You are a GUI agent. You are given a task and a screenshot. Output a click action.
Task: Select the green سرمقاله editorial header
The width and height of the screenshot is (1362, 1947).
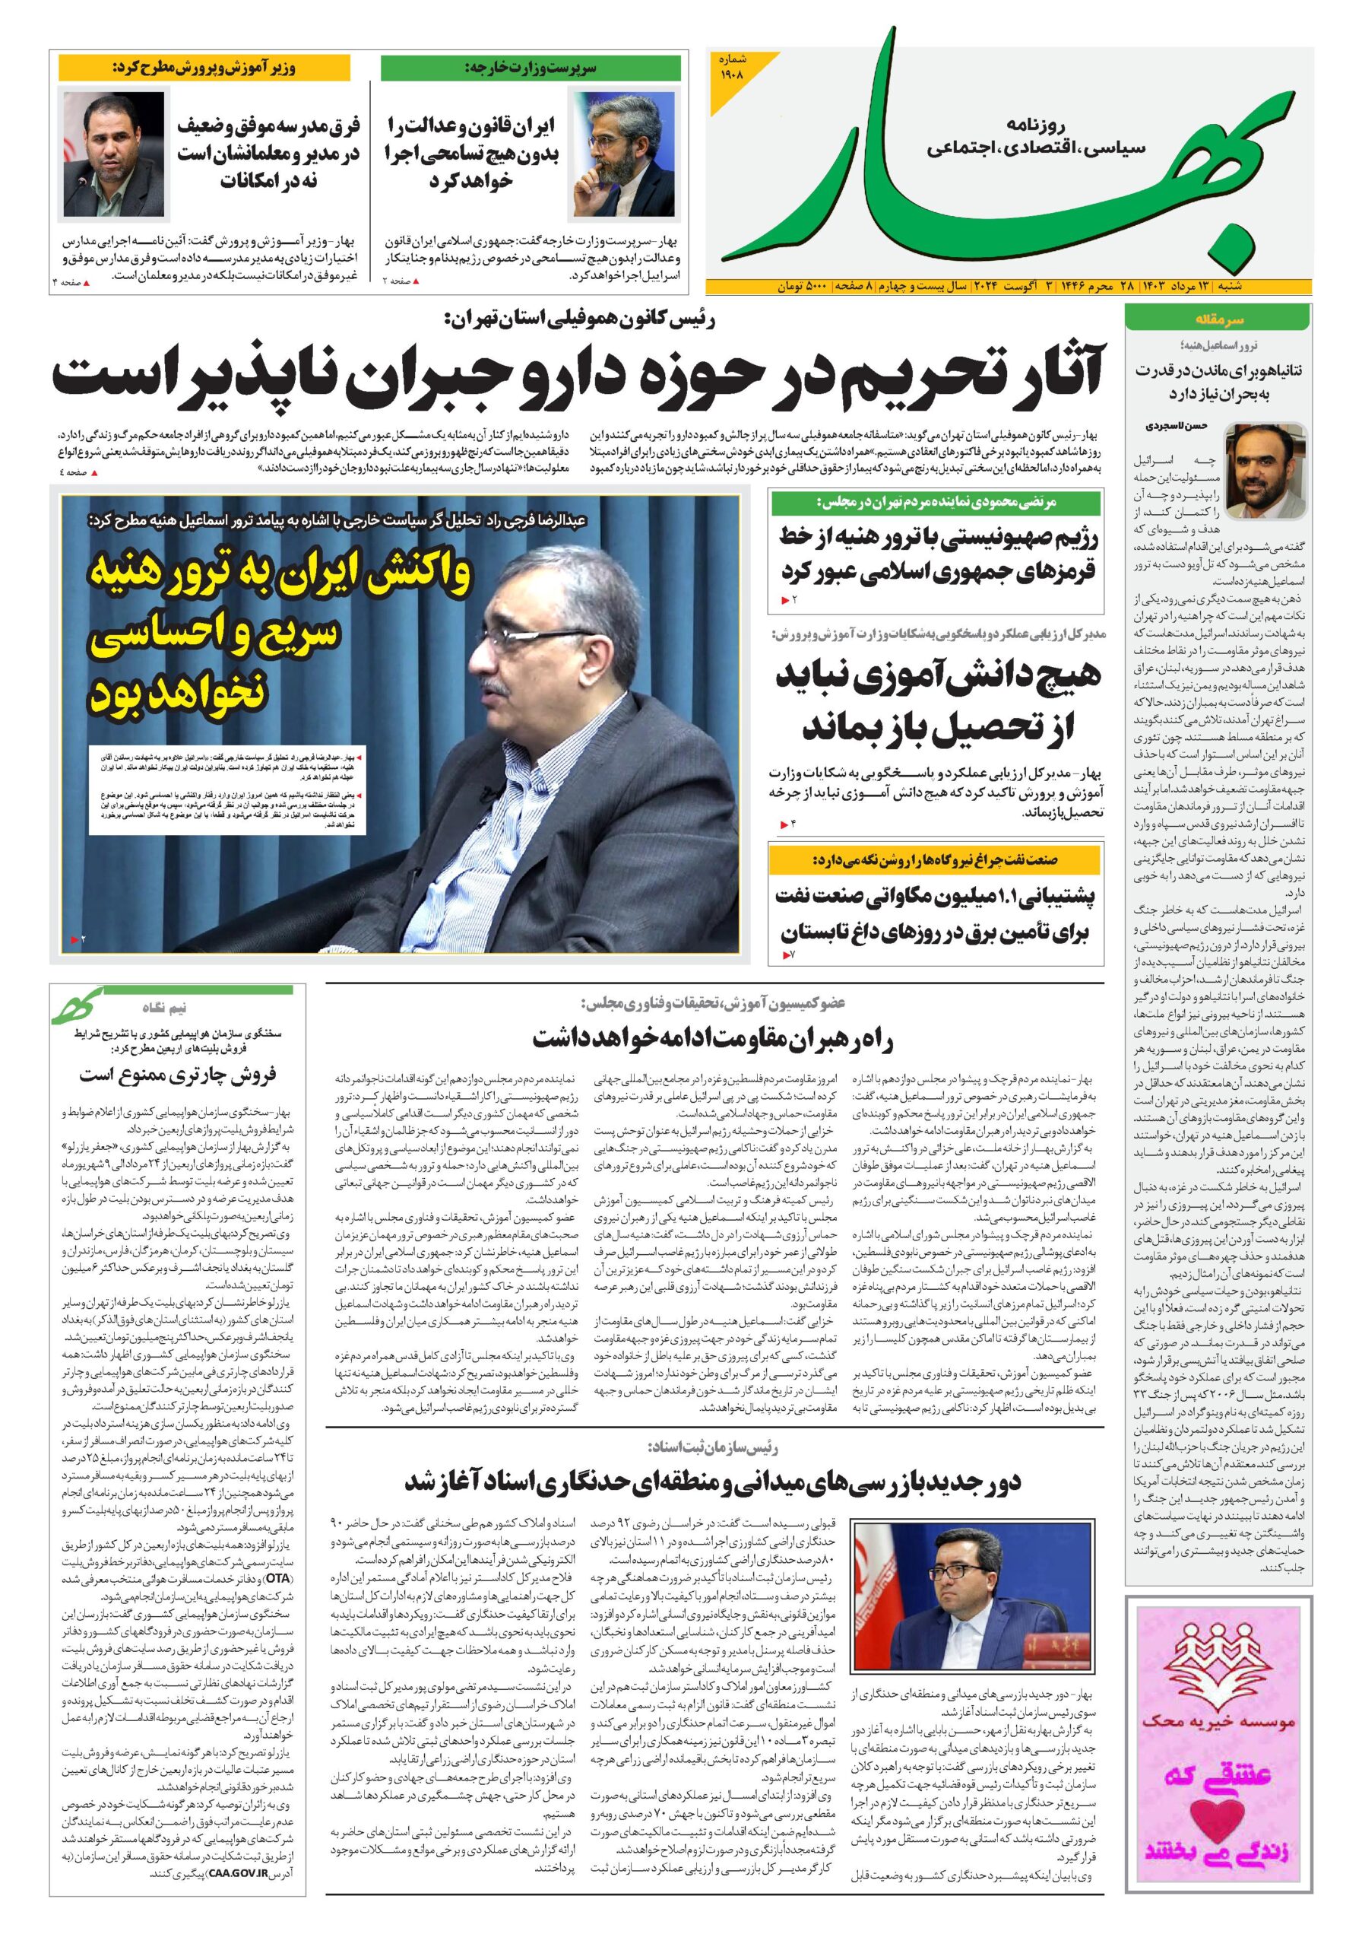tap(1218, 319)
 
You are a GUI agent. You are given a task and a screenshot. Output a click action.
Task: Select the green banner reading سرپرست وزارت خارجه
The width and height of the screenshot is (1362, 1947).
tap(531, 68)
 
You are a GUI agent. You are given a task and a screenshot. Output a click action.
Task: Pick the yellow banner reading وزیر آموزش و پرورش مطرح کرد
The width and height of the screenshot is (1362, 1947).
tap(204, 68)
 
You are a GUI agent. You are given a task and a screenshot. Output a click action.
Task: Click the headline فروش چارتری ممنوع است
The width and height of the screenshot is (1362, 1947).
tap(178, 1075)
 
